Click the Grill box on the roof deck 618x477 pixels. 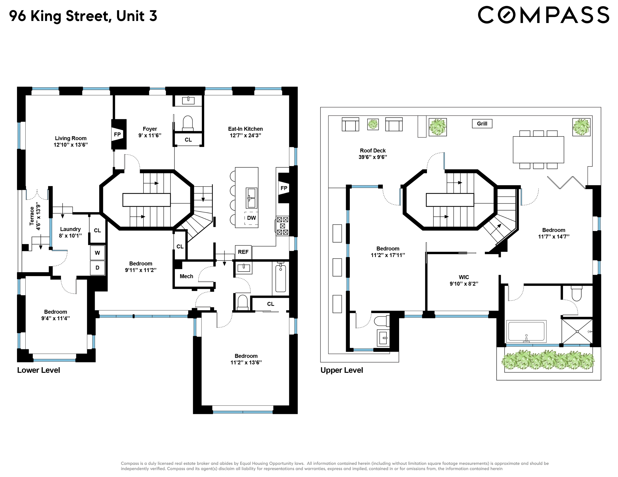coord(482,123)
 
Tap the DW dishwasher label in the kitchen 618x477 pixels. coord(251,218)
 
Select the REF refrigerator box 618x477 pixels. coord(243,252)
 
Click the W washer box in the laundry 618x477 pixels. coord(97,253)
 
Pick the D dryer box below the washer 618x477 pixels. coord(97,268)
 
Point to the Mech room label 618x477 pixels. coord(186,276)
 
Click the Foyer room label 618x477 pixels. coord(150,129)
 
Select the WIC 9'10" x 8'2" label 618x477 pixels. coord(464,280)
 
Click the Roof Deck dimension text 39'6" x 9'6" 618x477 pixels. coord(372,157)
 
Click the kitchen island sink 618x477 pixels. coord(251,198)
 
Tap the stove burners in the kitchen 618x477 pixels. coord(282,226)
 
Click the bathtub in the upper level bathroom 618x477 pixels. coord(526,331)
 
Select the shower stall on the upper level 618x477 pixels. coord(577,331)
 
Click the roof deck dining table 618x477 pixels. coord(538,150)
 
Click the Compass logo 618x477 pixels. coord(543,15)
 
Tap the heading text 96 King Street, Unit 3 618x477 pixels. coord(83,16)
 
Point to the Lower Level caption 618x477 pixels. coord(38,370)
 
